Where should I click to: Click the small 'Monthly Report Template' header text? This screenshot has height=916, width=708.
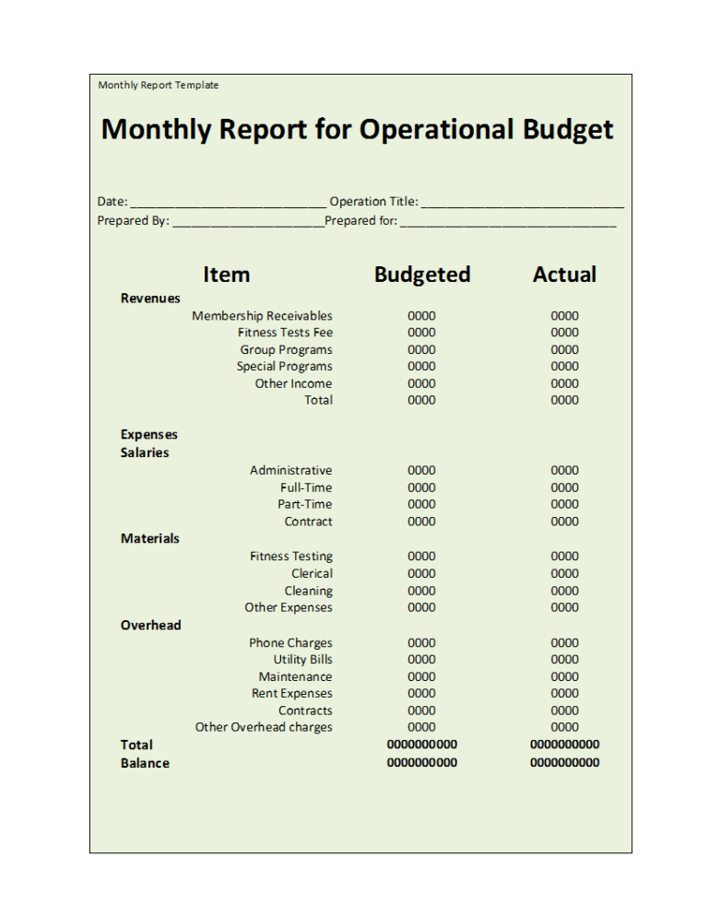(159, 85)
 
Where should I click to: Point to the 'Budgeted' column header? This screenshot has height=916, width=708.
(422, 275)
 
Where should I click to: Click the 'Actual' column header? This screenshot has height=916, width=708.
(564, 275)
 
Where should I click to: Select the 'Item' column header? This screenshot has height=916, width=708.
(226, 275)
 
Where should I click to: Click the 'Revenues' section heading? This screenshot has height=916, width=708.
(150, 298)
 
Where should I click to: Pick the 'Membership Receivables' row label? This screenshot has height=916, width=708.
(262, 316)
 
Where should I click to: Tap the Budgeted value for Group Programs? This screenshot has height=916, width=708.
(422, 349)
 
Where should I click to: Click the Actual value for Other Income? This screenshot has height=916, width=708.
(564, 383)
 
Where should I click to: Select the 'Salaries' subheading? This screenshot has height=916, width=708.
(145, 452)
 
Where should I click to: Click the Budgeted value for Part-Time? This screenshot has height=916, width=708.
(422, 504)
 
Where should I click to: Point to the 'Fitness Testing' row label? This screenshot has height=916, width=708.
(290, 556)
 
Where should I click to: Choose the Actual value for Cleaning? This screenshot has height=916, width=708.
(564, 591)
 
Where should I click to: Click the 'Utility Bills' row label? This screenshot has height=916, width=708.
(302, 659)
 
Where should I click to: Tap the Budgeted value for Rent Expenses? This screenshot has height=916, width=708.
(422, 693)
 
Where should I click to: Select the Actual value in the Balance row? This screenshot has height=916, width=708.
(564, 762)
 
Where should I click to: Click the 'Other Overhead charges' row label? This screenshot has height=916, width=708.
(264, 727)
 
